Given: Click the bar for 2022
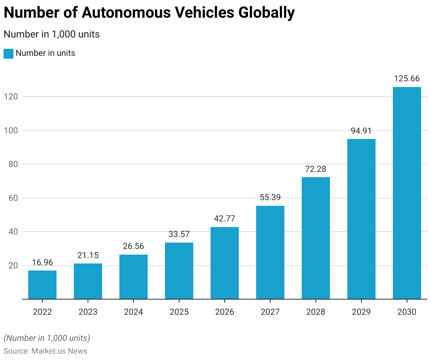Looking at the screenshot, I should pyautogui.click(x=42, y=285).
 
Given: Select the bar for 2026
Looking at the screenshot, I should pyautogui.click(x=225, y=263).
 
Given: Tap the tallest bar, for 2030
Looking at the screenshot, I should pyautogui.click(x=407, y=193).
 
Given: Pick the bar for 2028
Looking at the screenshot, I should pyautogui.click(x=316, y=238).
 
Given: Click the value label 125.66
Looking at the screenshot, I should pyautogui.click(x=407, y=79).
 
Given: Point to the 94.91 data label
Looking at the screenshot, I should pyautogui.click(x=361, y=131).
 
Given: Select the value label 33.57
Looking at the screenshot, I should pyautogui.click(x=179, y=234).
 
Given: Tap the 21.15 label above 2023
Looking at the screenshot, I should pyautogui.click(x=88, y=255).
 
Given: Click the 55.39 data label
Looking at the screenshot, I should pyautogui.click(x=270, y=197).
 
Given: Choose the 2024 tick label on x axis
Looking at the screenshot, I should pyautogui.click(x=134, y=312).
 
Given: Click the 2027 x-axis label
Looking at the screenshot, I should pyautogui.click(x=270, y=312).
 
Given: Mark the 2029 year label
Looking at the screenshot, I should pyautogui.click(x=361, y=312).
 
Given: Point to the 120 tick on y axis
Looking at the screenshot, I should pyautogui.click(x=11, y=97).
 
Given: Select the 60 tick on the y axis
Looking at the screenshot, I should pyautogui.click(x=13, y=198).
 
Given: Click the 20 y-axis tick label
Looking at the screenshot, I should pyautogui.click(x=13, y=266).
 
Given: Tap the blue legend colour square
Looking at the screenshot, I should pyautogui.click(x=8, y=53).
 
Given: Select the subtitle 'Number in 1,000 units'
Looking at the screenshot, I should pyautogui.click(x=52, y=34).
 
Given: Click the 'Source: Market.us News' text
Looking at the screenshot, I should pyautogui.click(x=45, y=351).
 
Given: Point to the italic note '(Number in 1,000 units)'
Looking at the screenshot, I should pyautogui.click(x=47, y=338).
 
